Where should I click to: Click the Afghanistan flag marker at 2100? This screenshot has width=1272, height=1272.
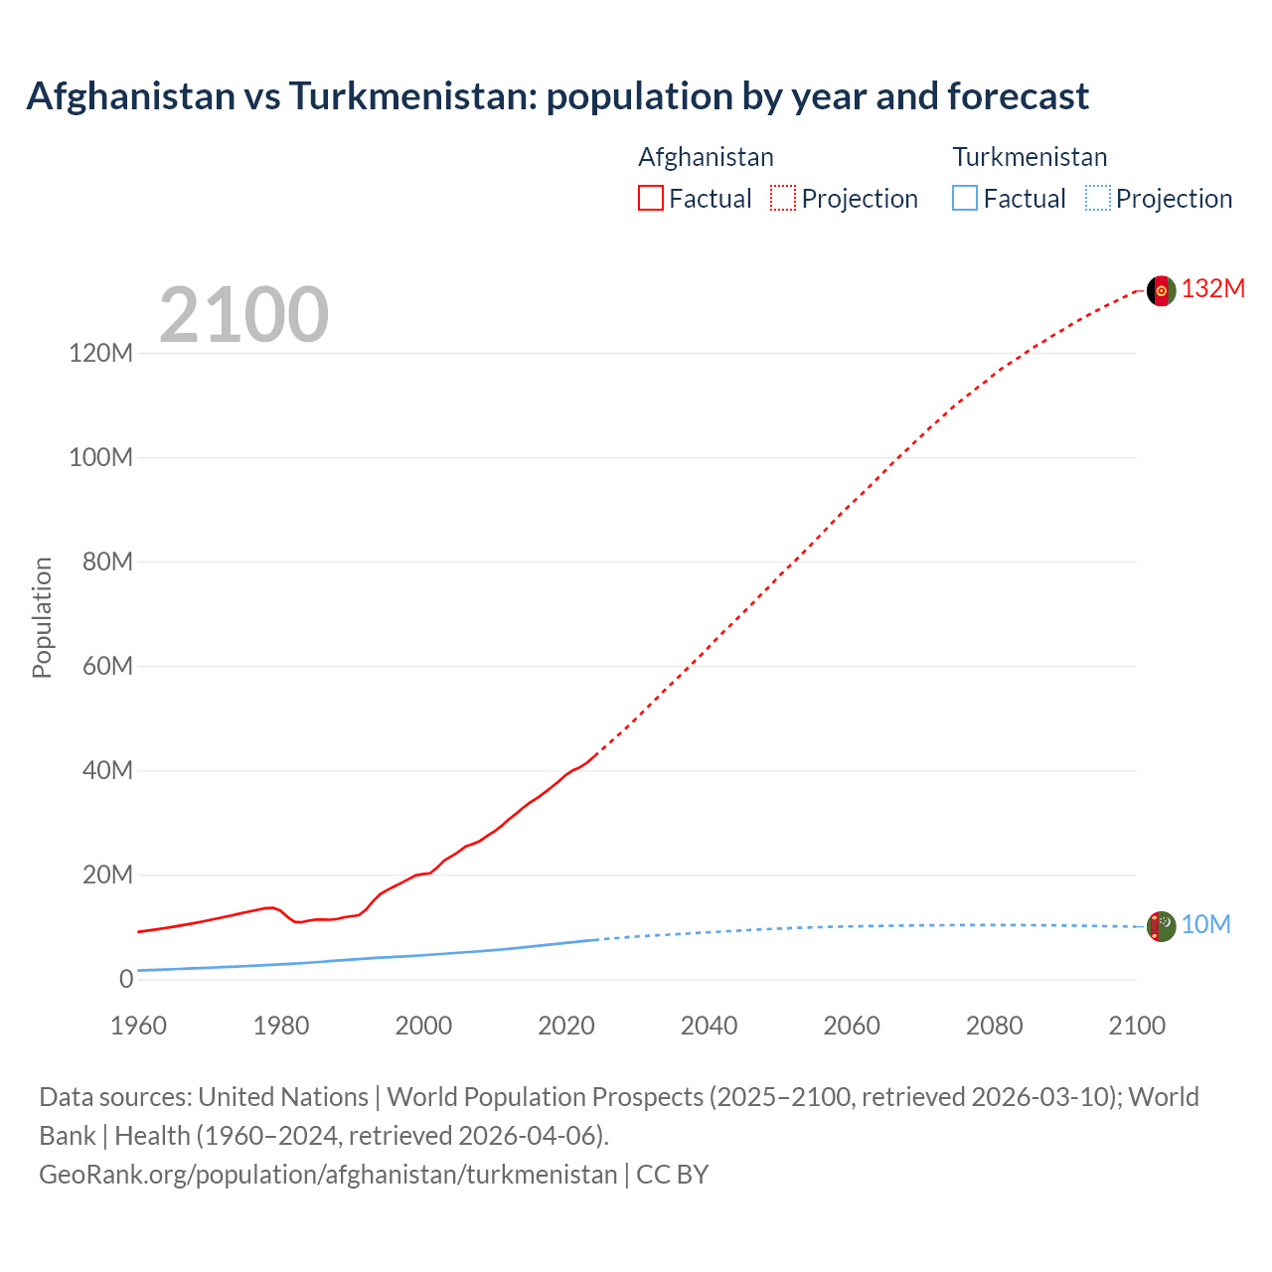(1161, 290)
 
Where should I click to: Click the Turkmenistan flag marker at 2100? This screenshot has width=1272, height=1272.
(1161, 926)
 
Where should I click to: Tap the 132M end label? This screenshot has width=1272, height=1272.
(1212, 288)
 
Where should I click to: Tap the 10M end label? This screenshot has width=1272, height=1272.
(1205, 924)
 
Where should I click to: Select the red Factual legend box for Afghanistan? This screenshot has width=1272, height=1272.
(650, 199)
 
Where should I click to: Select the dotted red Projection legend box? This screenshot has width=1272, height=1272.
(783, 199)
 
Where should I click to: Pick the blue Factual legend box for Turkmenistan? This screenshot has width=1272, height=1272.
(965, 199)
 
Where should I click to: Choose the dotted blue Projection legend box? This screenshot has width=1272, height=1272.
(1098, 199)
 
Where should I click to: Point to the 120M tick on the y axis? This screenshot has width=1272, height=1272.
(100, 353)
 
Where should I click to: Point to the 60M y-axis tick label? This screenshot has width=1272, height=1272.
(107, 666)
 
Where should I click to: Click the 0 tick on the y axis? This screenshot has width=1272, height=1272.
(125, 979)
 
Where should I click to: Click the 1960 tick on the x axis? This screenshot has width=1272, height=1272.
(138, 1026)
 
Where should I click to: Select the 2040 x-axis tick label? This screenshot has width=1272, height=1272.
(709, 1026)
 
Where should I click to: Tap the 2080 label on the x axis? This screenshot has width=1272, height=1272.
(994, 1026)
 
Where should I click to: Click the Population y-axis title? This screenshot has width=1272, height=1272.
(42, 617)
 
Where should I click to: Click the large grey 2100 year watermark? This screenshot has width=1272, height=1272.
(243, 315)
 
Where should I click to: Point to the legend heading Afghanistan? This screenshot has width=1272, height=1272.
(706, 157)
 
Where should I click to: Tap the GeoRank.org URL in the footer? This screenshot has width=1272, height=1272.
(328, 1175)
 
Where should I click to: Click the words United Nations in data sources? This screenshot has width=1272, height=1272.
(283, 1097)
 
